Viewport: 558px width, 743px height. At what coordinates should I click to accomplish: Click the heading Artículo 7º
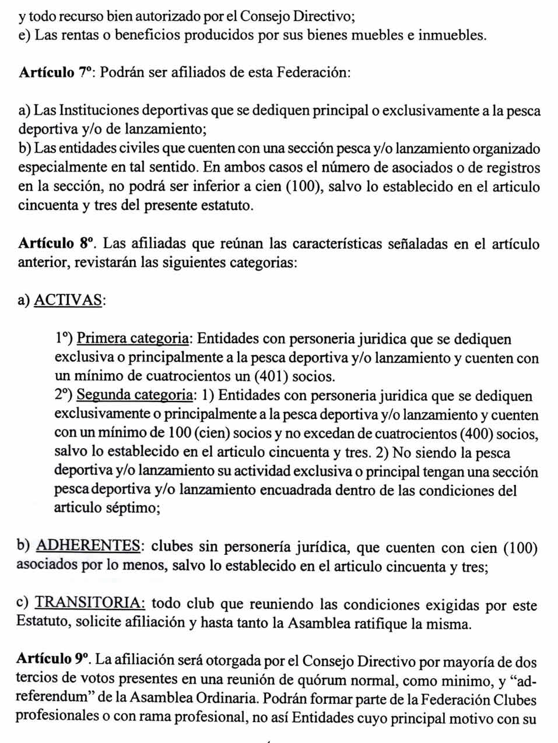tap(56, 73)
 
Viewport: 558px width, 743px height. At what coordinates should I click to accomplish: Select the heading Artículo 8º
tap(56, 244)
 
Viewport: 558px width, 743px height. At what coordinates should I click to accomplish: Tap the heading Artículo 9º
tap(54, 660)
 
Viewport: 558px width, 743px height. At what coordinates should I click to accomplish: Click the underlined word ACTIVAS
tap(68, 300)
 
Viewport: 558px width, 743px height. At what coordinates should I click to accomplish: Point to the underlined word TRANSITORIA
tap(90, 604)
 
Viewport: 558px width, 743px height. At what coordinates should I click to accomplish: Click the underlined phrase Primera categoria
tap(132, 339)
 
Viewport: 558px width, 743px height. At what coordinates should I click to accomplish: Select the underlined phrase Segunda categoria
tap(135, 396)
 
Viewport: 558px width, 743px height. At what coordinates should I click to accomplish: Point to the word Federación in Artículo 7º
tap(312, 73)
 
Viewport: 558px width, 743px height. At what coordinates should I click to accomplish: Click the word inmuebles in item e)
tap(450, 35)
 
